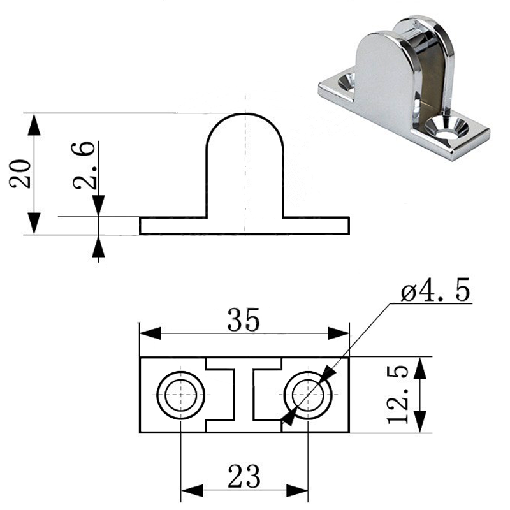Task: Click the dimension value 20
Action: tap(20, 173)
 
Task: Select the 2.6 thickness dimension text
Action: tap(84, 165)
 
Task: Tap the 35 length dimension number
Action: tap(244, 320)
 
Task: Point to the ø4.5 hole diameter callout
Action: tap(435, 289)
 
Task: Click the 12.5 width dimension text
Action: tap(398, 395)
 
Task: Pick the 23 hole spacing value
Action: tap(244, 476)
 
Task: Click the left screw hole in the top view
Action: tap(181, 395)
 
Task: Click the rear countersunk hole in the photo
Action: tap(347, 82)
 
